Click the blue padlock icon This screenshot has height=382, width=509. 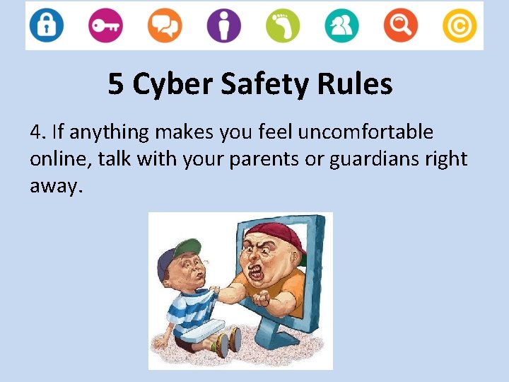point(47,25)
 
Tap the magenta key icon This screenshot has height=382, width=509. point(105,25)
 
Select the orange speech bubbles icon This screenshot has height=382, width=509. point(164,25)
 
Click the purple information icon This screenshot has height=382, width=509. point(223,25)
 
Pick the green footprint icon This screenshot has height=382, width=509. point(283,25)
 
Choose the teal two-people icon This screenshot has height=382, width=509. point(342,25)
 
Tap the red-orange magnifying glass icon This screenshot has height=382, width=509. point(401,25)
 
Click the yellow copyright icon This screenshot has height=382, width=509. point(460,25)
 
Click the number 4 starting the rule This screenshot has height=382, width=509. point(35,132)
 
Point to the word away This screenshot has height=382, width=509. point(55,186)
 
